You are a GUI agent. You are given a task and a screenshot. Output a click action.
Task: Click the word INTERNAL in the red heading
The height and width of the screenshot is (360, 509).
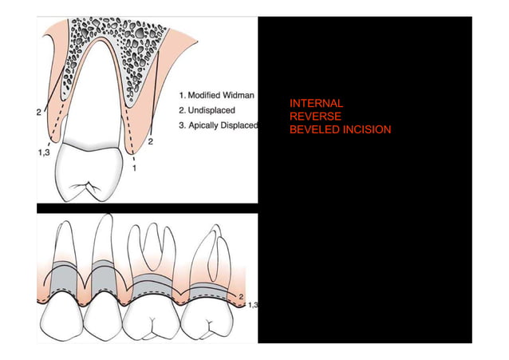[316, 104]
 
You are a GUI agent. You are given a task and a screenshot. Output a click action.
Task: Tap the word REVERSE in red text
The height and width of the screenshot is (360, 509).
[315, 117]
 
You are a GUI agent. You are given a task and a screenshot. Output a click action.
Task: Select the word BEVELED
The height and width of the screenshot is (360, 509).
[313, 129]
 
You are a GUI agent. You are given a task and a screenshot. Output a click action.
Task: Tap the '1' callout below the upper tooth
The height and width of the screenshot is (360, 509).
[134, 169]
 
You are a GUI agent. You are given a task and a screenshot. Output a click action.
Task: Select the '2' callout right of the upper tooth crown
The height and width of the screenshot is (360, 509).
[151, 141]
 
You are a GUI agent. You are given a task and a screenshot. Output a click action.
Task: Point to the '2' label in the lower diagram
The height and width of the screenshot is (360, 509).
[242, 296]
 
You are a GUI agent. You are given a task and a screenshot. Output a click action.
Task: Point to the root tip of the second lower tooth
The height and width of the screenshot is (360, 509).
[102, 220]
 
